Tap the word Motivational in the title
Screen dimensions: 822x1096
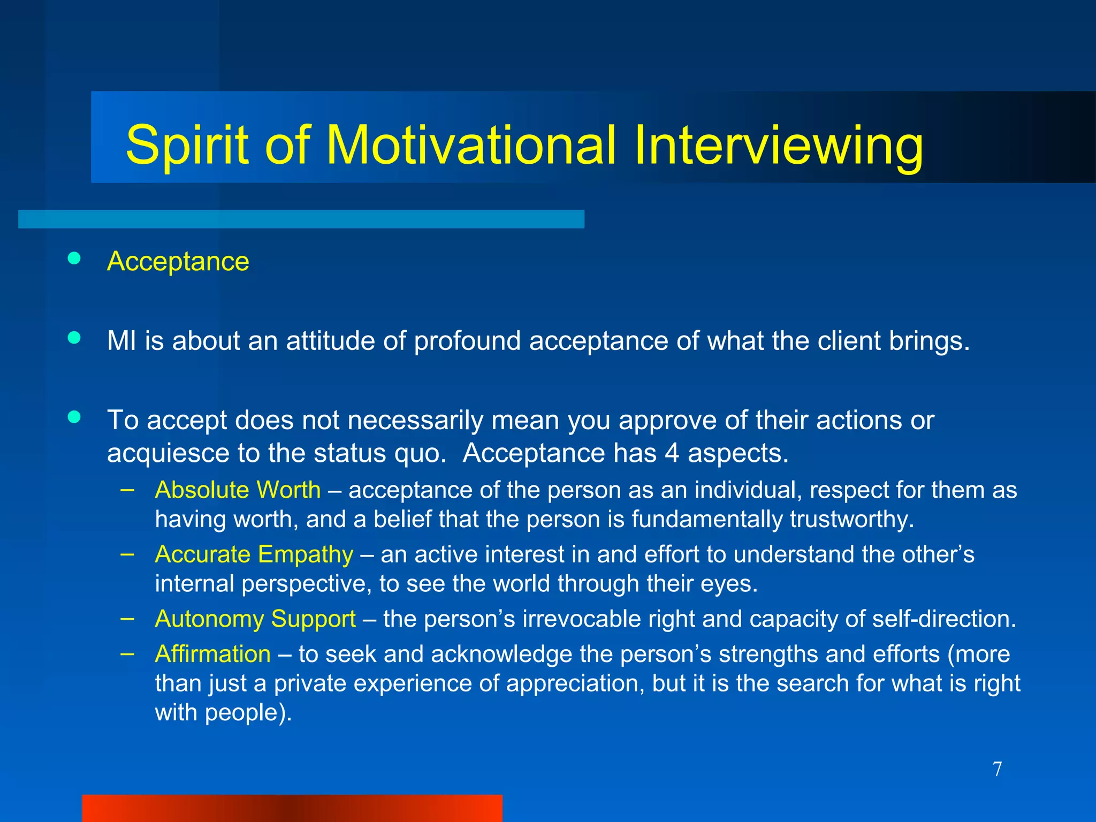470,144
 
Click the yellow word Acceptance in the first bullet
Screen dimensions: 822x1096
178,262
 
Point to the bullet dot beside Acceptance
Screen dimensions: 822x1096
74,259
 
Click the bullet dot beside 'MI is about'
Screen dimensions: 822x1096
74,338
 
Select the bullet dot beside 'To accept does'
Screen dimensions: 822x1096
74,417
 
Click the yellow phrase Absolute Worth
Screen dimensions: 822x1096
238,490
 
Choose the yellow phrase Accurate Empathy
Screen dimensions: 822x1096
254,554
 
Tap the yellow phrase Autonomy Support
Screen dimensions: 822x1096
255,619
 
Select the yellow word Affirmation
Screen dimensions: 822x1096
212,654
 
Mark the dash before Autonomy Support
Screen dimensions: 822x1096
127,618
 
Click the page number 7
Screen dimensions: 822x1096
997,770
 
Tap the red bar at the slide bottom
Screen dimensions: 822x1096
292,808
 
